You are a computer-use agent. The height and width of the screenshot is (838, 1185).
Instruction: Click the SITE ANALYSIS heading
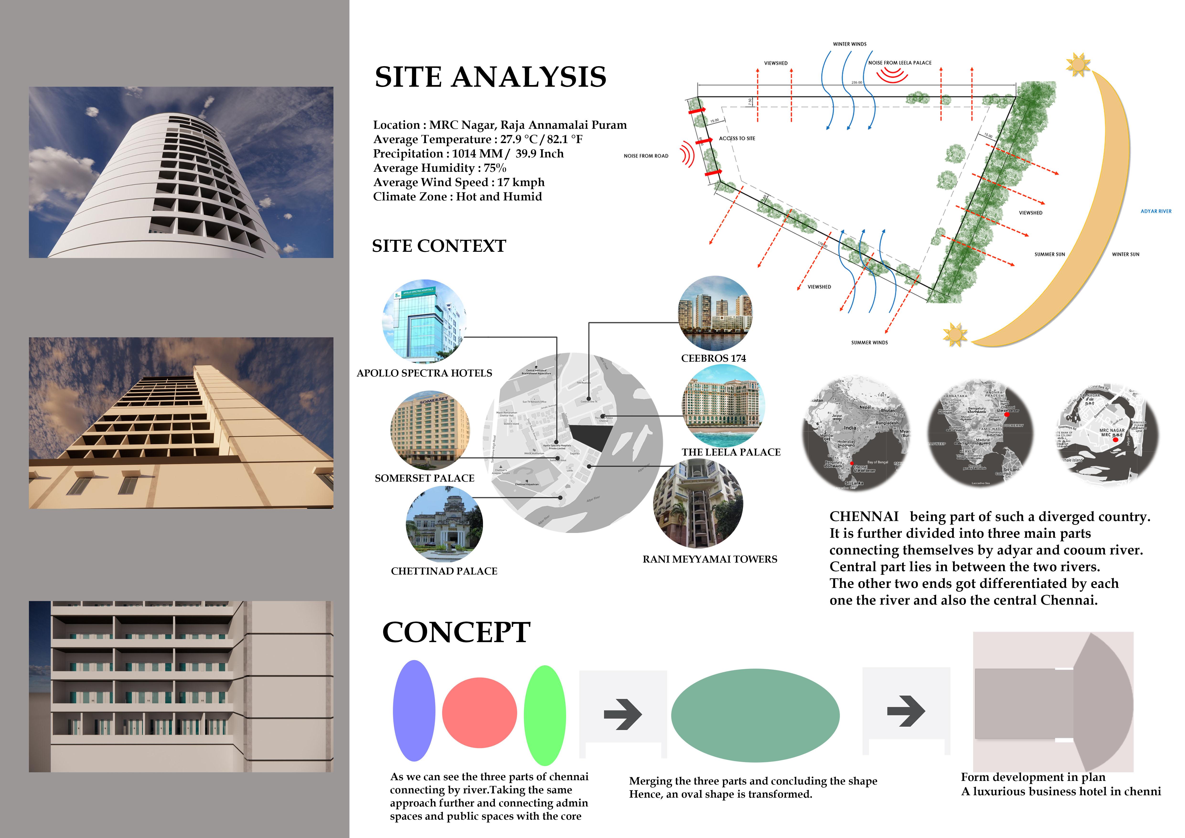[x=490, y=77]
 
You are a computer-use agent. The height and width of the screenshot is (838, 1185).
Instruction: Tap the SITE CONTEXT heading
[x=439, y=246]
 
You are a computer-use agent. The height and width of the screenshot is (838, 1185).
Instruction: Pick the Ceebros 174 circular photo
[x=715, y=313]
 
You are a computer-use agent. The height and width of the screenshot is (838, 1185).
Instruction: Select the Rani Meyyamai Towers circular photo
[x=698, y=503]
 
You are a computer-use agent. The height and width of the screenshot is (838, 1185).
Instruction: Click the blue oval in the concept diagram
[x=414, y=710]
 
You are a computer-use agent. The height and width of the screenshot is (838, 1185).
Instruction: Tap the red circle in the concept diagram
[x=479, y=713]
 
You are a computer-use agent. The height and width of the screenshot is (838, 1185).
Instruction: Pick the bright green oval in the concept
[x=545, y=715]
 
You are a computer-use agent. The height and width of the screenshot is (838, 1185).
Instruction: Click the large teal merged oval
[x=755, y=715]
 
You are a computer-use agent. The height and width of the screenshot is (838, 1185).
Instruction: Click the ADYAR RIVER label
[x=1156, y=211]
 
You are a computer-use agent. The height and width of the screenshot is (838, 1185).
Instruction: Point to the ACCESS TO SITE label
[x=736, y=138]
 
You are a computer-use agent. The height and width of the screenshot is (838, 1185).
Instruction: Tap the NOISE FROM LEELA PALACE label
[x=900, y=63]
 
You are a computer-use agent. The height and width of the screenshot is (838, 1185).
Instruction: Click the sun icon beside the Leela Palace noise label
[x=1078, y=64]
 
